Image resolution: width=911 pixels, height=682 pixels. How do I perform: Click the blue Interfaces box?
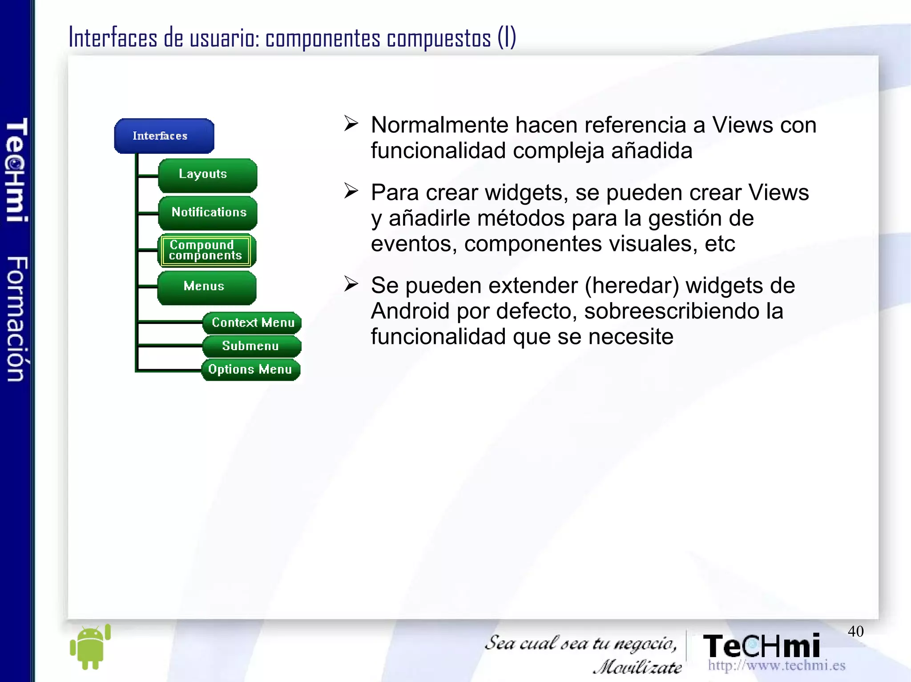(x=164, y=136)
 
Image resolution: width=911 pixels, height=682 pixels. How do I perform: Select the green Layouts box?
(x=207, y=175)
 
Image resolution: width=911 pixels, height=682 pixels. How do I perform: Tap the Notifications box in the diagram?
(x=207, y=212)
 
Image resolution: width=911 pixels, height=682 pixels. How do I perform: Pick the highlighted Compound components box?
(x=206, y=251)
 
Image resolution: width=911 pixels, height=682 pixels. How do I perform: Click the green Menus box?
(x=206, y=287)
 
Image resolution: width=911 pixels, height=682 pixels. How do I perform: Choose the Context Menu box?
(x=252, y=323)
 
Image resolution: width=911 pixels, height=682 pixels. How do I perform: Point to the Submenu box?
(x=251, y=346)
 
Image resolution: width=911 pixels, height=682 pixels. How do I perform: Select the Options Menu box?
(x=250, y=370)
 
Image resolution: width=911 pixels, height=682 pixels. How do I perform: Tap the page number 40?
(x=855, y=631)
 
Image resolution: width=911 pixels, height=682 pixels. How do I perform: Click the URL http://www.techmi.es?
(x=777, y=666)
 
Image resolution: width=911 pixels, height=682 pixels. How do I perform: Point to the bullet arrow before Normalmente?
(x=351, y=124)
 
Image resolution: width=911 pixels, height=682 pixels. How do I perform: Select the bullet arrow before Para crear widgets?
(x=351, y=191)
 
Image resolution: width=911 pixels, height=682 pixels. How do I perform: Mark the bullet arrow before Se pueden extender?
(x=351, y=284)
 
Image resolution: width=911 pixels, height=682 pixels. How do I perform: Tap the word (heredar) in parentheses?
(x=632, y=286)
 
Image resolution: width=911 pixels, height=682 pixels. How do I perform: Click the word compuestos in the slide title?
(x=439, y=38)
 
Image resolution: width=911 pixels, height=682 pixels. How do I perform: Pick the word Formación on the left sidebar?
(x=17, y=319)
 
